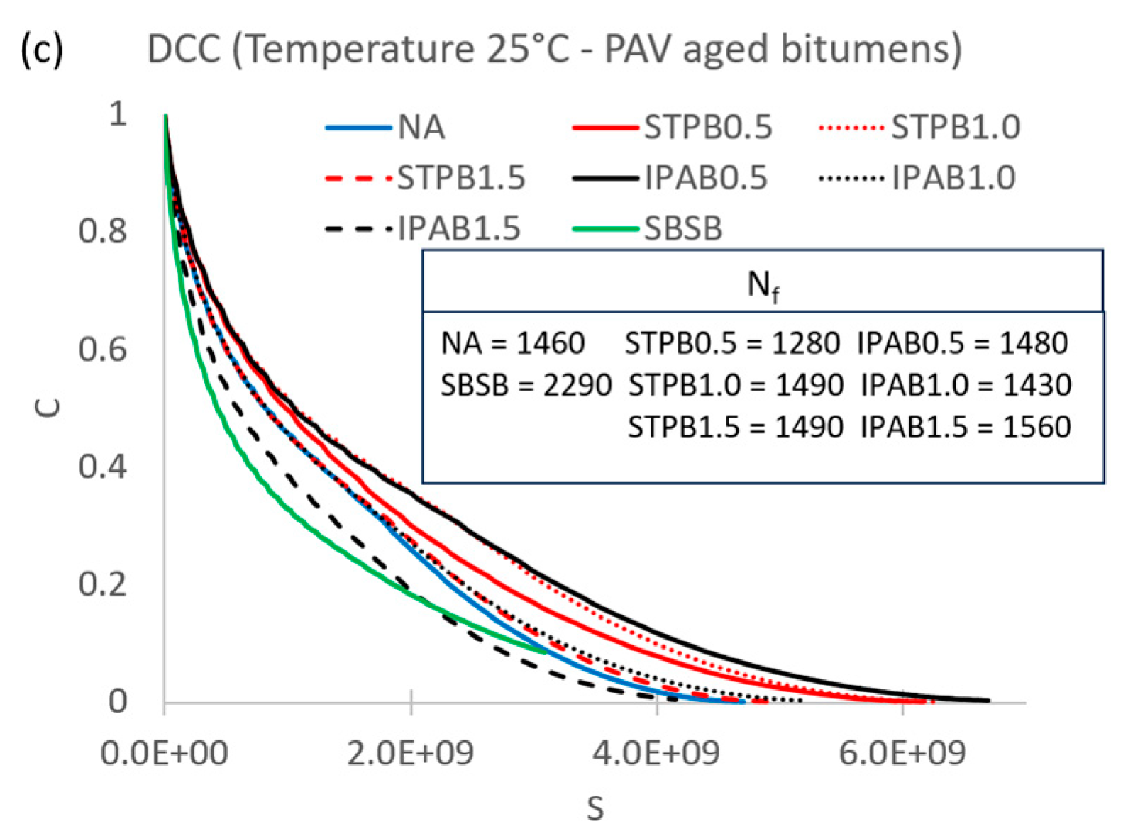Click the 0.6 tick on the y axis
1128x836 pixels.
102,349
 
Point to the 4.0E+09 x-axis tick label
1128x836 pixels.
656,753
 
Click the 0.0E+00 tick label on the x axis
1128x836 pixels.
164,753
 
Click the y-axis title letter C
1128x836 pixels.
49,407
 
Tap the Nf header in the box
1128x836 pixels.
763,285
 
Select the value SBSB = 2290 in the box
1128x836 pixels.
526,385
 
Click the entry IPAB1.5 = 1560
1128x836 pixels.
966,427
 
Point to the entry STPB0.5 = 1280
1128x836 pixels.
731,343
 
